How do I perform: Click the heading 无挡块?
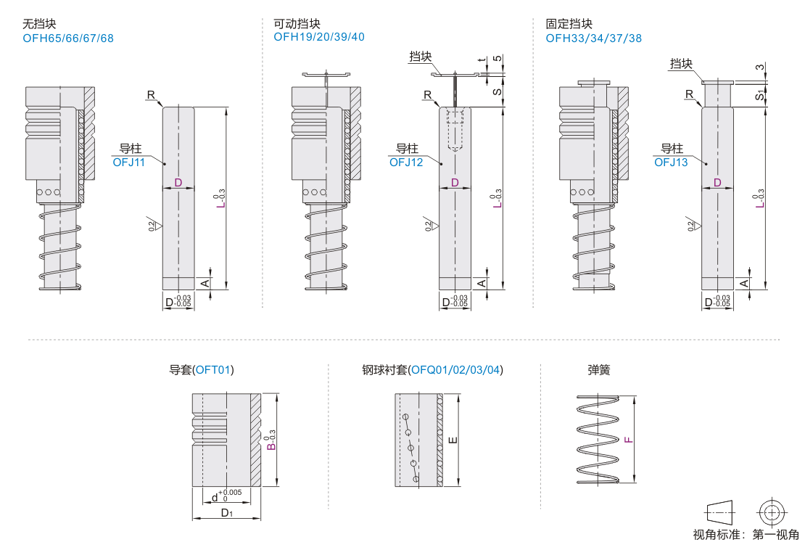[x=40, y=24]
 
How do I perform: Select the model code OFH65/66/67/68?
[x=68, y=38]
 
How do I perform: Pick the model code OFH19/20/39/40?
[x=319, y=37]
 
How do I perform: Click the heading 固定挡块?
[x=569, y=24]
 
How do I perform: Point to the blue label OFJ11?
[x=129, y=163]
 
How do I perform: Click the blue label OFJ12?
[x=406, y=163]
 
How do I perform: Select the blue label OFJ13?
[x=671, y=163]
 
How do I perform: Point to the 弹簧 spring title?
[x=599, y=370]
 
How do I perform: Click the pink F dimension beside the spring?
[x=629, y=440]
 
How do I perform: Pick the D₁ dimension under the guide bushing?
[x=226, y=513]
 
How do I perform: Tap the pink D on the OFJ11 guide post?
[x=178, y=183]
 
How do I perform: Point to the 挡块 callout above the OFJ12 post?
[x=420, y=57]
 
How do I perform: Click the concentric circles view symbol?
[x=771, y=512]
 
